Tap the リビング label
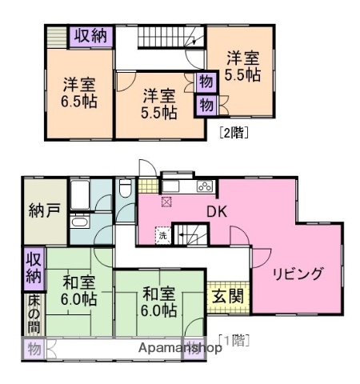pos(297,274)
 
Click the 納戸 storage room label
pos(38,213)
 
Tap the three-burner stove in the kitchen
pos(204,187)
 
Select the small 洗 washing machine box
pos(163,236)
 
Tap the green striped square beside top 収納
pos(57,35)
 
